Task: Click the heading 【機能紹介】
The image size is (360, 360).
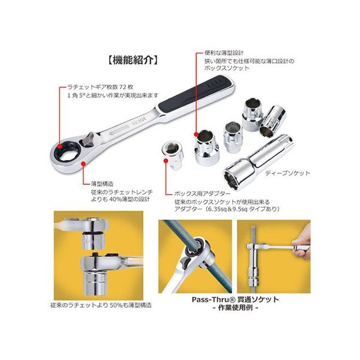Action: point(130,60)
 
